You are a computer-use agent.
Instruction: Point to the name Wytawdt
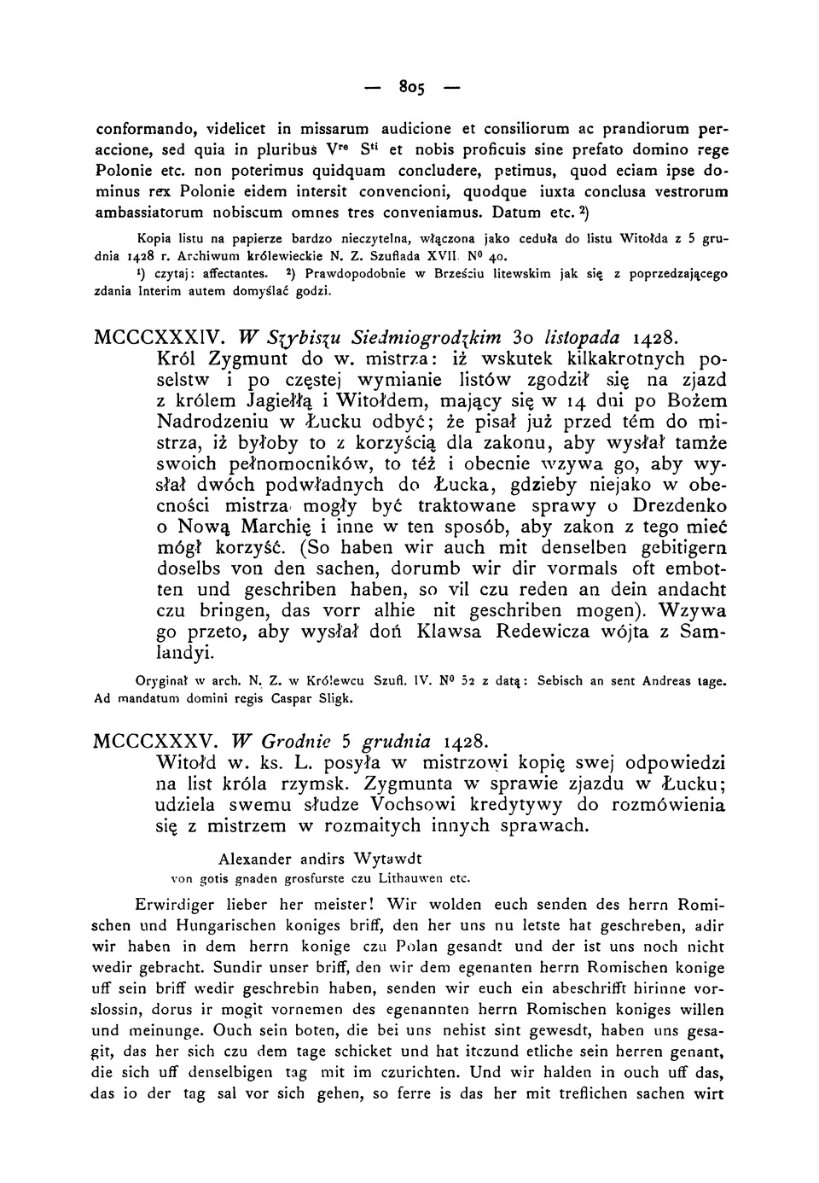click(x=384, y=858)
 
